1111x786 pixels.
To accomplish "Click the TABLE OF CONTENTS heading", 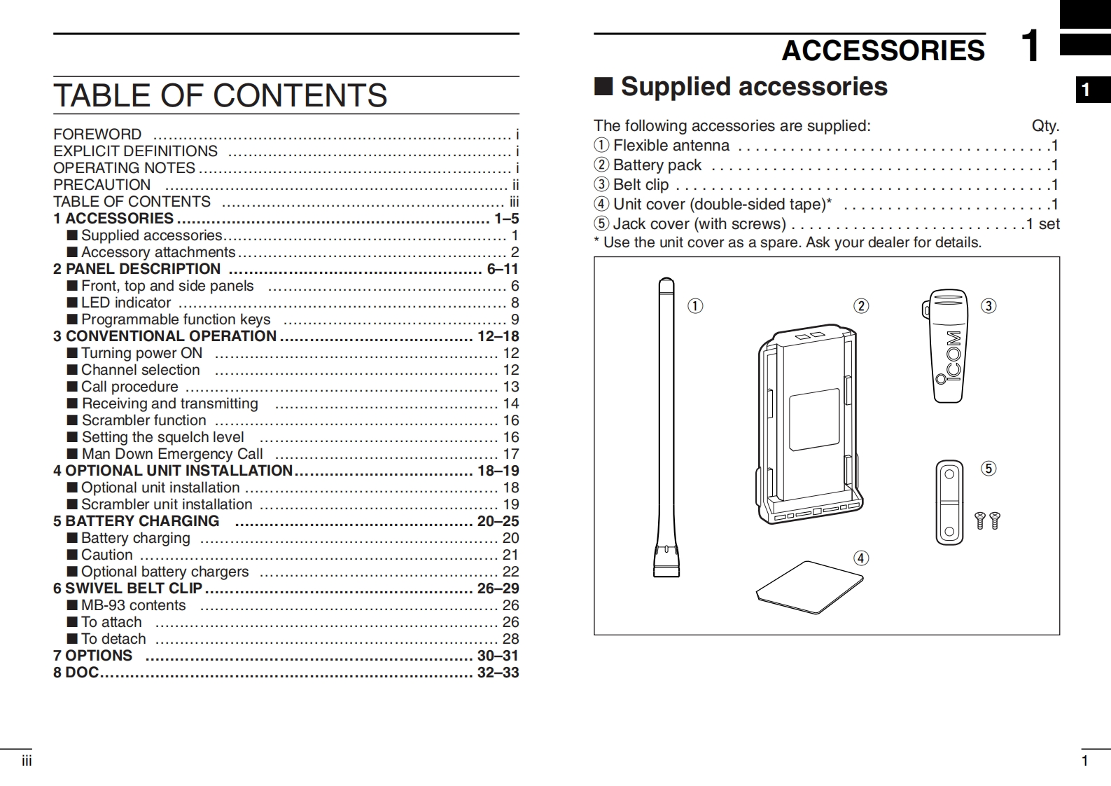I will [x=220, y=95].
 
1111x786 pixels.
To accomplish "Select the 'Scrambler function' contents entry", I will [x=144, y=420].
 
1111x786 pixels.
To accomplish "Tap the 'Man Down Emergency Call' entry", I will [x=172, y=454].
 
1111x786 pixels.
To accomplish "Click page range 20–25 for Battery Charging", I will [x=498, y=521].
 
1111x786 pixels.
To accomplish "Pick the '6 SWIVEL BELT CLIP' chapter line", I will [x=134, y=588].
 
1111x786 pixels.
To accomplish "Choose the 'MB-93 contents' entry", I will [x=134, y=605].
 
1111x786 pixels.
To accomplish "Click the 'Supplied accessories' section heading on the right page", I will [x=753, y=87].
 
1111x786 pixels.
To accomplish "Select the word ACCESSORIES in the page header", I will [x=883, y=50].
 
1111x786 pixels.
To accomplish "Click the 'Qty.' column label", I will [x=1045, y=126].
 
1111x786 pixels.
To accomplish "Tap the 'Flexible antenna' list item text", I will [x=671, y=146].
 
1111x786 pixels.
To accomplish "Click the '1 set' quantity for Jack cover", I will [x=1043, y=224].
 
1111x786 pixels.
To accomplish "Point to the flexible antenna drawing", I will [x=666, y=427].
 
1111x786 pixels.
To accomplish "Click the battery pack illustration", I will [x=810, y=424].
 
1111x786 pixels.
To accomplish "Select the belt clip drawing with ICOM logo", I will [x=948, y=346].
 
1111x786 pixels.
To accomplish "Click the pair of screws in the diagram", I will [x=988, y=520].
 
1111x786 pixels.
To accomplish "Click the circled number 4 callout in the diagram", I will [x=861, y=558].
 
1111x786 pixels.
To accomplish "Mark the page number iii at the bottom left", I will [x=27, y=761].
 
